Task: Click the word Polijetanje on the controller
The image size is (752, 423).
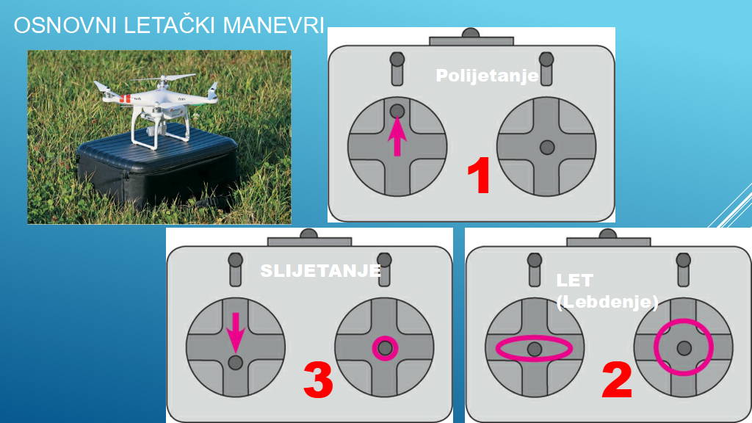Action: [488, 76]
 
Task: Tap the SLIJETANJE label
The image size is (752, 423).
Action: [320, 271]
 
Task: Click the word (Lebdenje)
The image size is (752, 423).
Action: [607, 302]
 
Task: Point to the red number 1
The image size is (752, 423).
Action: [479, 176]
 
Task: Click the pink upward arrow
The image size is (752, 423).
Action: [397, 137]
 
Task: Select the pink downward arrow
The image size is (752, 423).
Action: [236, 333]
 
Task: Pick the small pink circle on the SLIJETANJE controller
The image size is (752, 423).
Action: [374, 349]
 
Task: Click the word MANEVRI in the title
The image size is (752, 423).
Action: [273, 26]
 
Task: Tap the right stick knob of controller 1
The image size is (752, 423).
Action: [547, 147]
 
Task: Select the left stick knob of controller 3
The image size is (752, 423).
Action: [236, 362]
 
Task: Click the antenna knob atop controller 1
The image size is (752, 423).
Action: [471, 33]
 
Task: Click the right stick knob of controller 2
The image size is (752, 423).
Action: [684, 348]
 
